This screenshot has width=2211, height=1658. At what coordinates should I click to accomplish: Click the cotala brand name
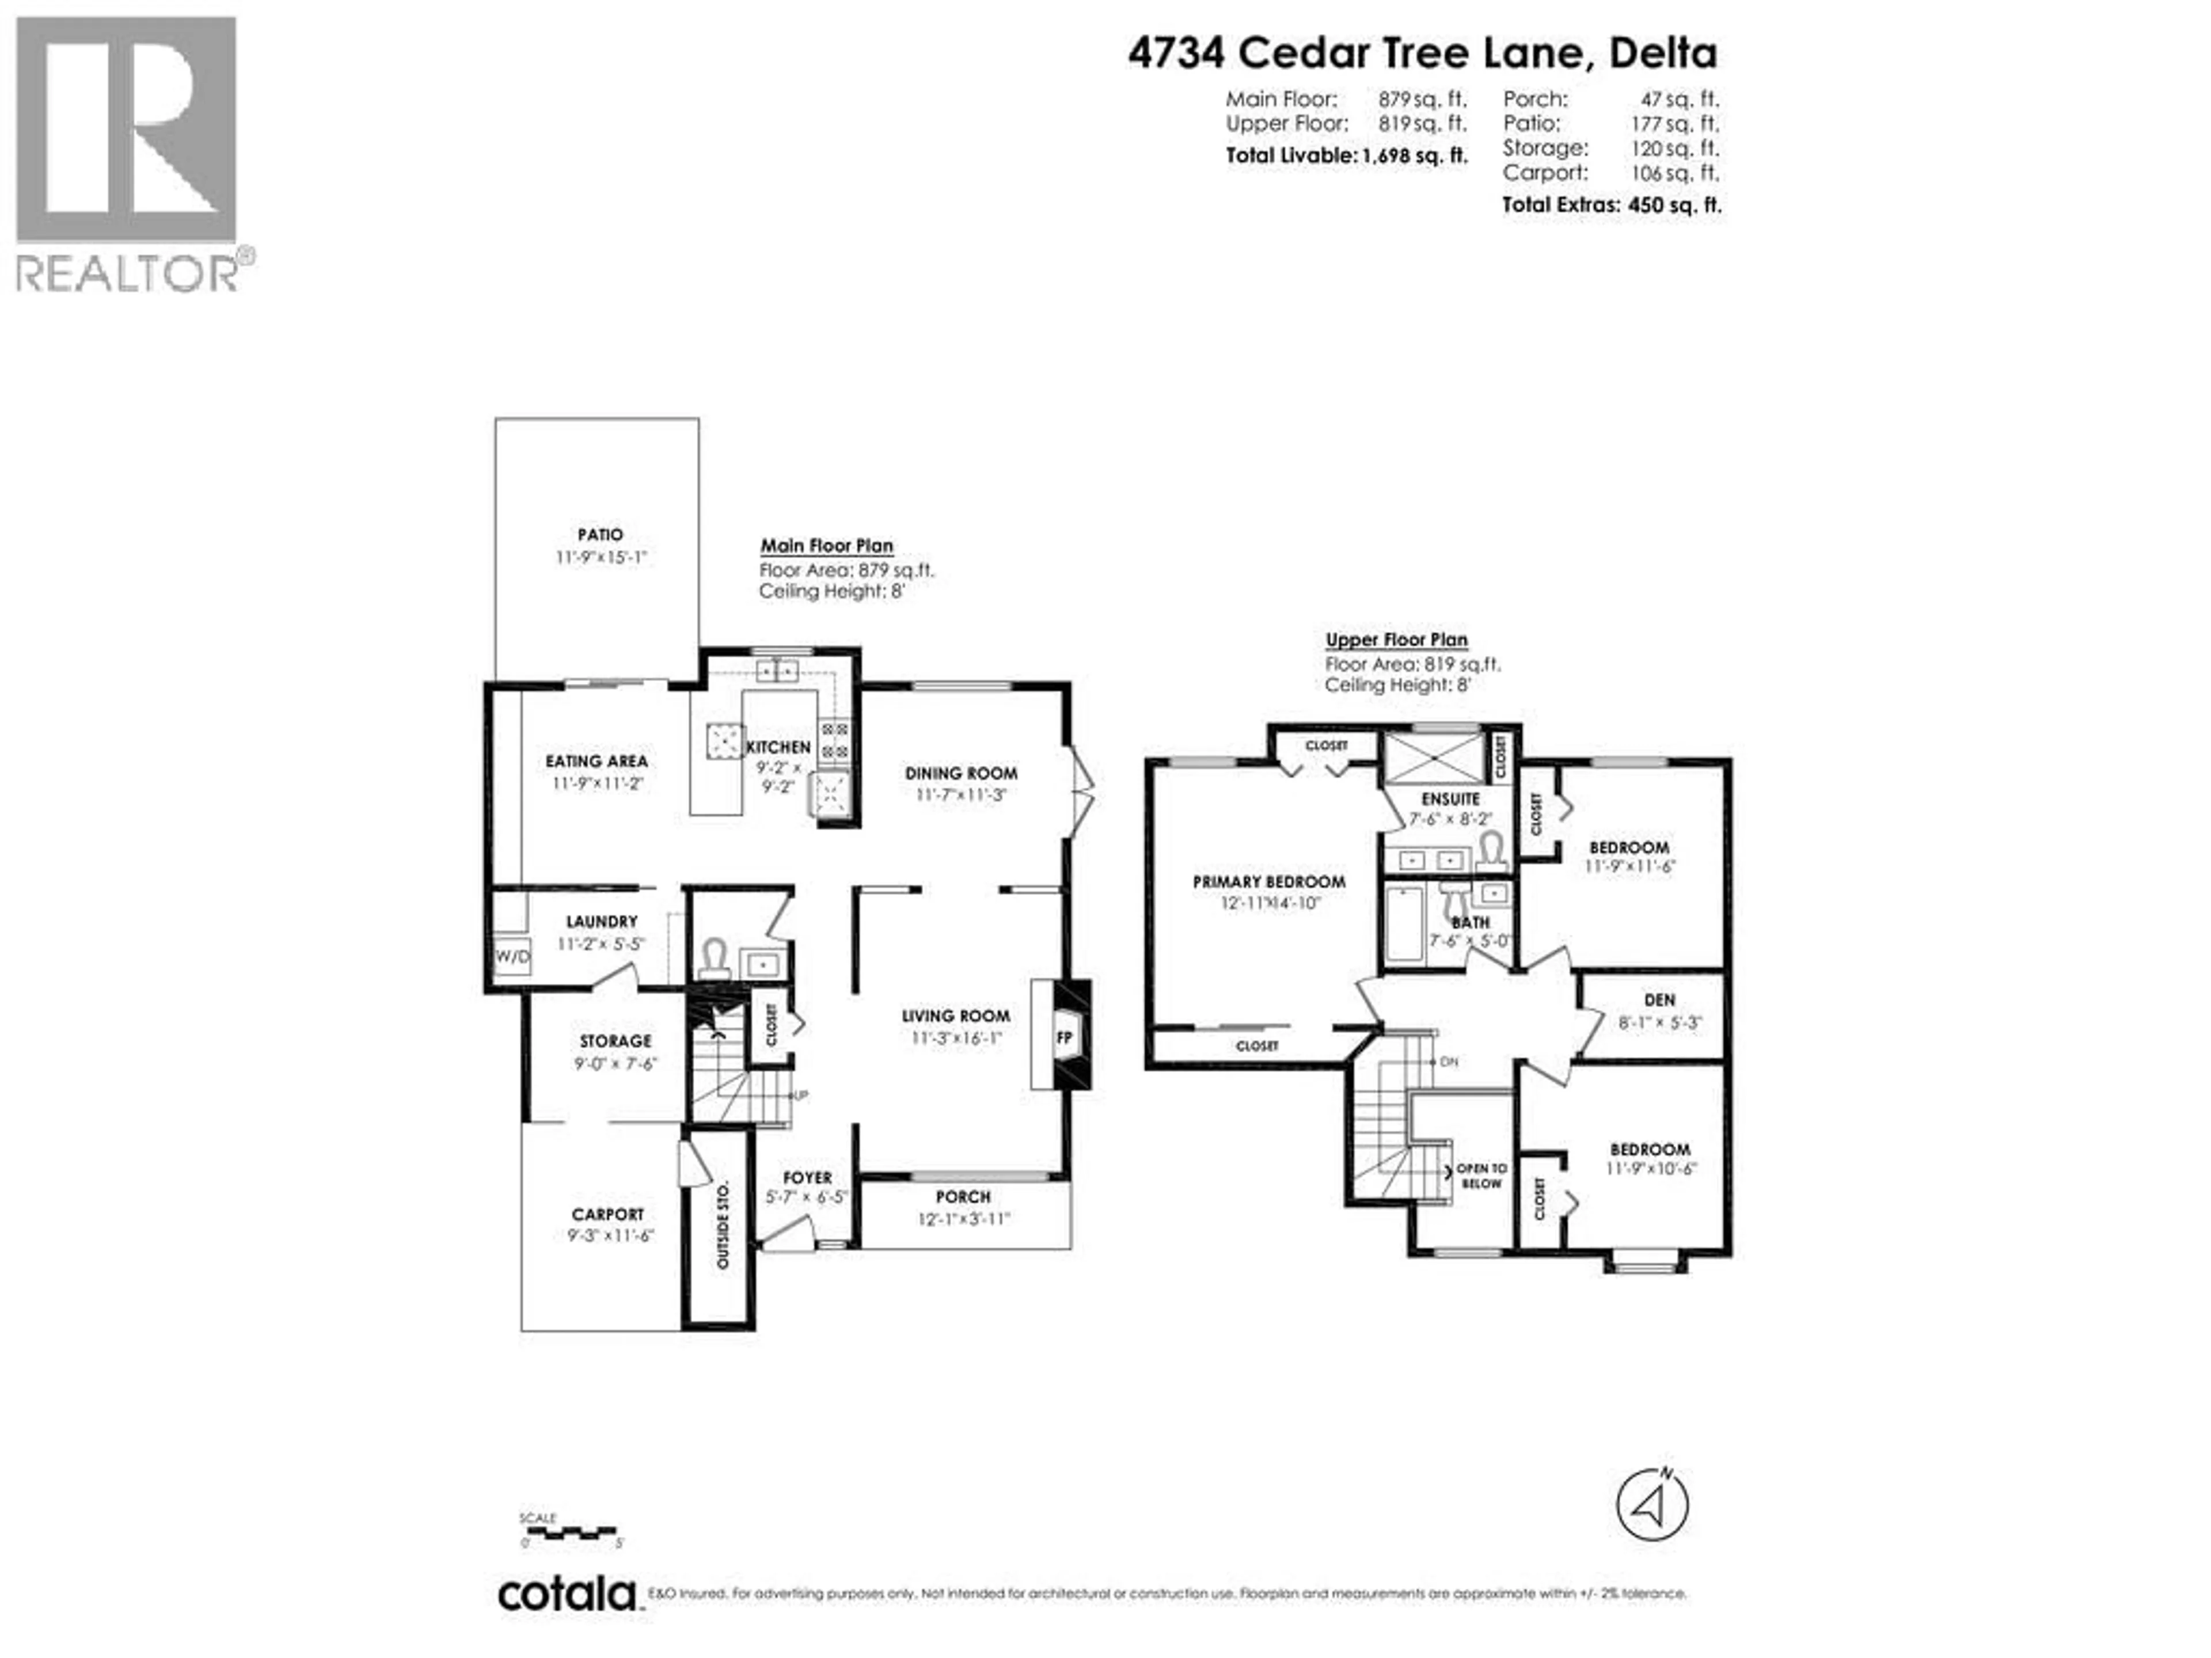[567, 1594]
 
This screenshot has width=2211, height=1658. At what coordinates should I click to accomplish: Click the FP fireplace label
[1065, 1039]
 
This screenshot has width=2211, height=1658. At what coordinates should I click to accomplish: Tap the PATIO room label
[600, 535]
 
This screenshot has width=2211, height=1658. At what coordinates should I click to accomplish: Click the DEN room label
[1659, 999]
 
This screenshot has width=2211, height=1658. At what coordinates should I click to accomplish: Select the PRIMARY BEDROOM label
[1268, 881]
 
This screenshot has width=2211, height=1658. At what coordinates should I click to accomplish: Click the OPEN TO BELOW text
[1481, 1176]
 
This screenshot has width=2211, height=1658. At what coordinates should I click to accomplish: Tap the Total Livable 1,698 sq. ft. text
[1346, 156]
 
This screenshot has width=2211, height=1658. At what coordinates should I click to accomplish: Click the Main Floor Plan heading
[827, 546]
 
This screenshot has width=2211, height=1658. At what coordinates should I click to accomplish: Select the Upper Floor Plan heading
[1396, 640]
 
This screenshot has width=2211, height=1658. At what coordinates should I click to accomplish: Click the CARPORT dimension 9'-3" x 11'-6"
[610, 1236]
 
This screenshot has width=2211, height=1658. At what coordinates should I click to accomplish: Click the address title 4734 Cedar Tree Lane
[1422, 53]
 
